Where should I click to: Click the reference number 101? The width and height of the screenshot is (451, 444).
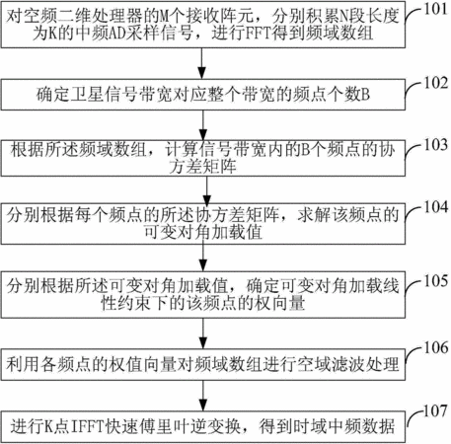coord(435,9)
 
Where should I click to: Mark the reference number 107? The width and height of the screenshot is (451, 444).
coord(435,410)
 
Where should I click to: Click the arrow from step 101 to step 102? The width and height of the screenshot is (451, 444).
coord(202,63)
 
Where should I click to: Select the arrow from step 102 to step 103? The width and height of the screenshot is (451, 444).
coord(203,125)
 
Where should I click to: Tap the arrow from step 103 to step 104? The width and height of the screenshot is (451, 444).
coord(206,190)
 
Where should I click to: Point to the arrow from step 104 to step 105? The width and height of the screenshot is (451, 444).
coord(203,259)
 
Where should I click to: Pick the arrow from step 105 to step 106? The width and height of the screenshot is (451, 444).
coord(203,333)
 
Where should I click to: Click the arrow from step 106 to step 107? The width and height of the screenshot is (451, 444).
coord(203,396)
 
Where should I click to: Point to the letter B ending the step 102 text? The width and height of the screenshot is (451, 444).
coord(365,95)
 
